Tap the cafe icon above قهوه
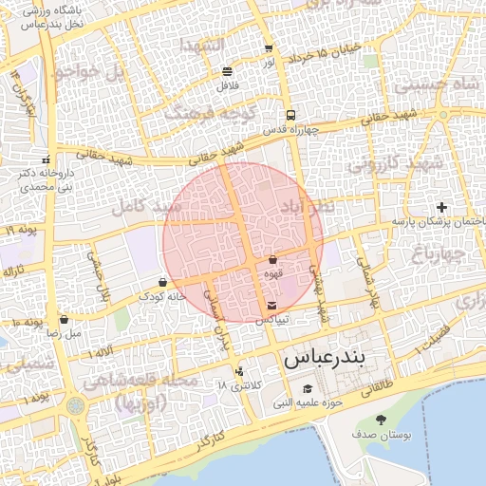(x=272, y=259)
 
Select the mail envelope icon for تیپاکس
(x=272, y=306)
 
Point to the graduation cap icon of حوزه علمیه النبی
(x=308, y=389)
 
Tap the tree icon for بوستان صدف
(x=382, y=420)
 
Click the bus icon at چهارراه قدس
(x=290, y=114)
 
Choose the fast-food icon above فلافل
(x=227, y=71)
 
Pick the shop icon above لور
(x=269, y=48)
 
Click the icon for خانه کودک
(x=162, y=282)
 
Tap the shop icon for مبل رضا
(x=64, y=320)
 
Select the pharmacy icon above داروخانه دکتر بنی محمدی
(x=46, y=159)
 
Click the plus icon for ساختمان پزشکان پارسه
(x=440, y=207)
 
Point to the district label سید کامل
(x=140, y=205)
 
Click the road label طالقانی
(x=377, y=388)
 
